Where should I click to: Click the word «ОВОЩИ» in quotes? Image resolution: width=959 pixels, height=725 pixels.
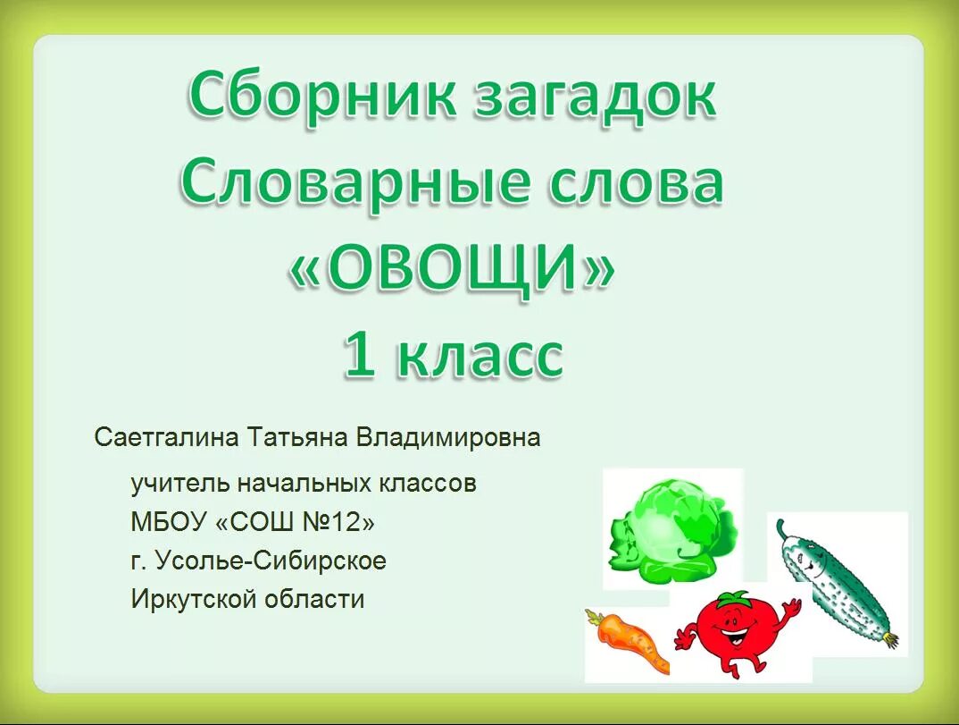[x=451, y=269]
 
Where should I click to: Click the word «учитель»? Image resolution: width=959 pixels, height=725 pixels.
[x=179, y=485]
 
